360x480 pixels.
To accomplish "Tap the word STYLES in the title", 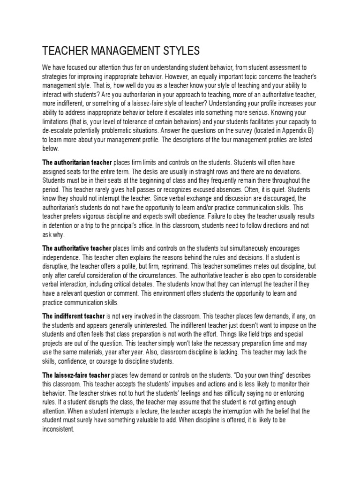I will pos(180,50).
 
